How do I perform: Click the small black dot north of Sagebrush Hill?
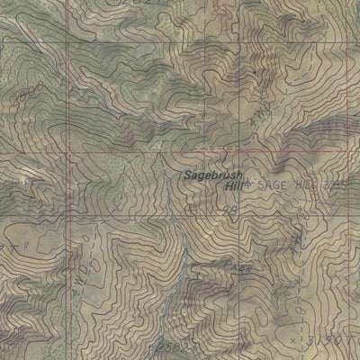click(255, 70)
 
